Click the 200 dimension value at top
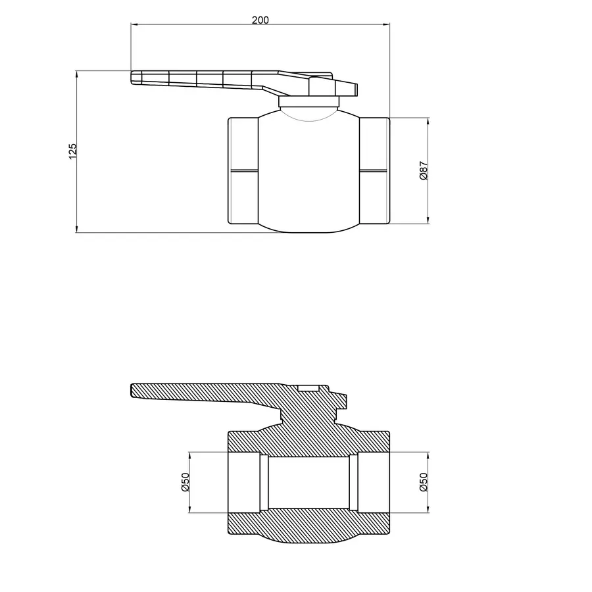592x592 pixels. tap(260, 20)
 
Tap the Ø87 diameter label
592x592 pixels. tap(424, 171)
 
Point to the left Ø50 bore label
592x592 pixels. tap(185, 483)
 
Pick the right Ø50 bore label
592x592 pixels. tap(424, 483)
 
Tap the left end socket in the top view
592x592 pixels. tap(243, 171)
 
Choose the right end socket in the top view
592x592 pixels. tap(374, 171)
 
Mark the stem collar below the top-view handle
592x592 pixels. tap(308, 102)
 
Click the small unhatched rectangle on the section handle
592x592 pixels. tap(308, 388)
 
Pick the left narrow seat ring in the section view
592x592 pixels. tap(264, 483)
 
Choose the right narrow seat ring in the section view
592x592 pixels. tap(354, 483)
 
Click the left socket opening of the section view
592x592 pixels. tap(243, 483)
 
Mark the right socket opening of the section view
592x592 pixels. tap(374, 483)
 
